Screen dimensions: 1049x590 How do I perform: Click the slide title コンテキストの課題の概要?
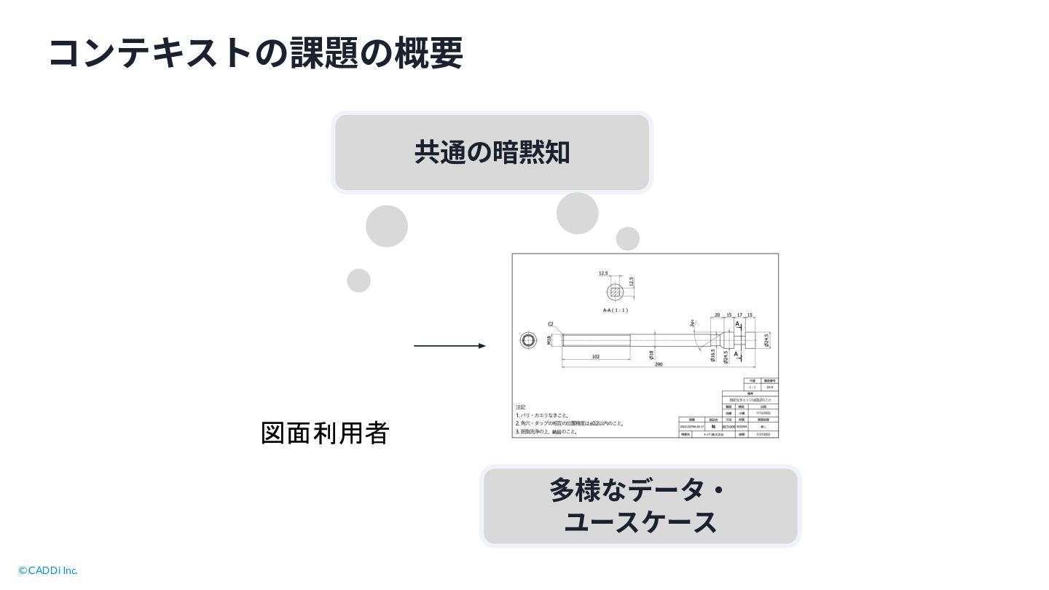coord(255,53)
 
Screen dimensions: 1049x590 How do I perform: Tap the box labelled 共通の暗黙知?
coord(492,153)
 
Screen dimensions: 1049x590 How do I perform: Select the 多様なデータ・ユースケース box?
coord(640,506)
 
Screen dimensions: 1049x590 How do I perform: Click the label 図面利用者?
coord(325,433)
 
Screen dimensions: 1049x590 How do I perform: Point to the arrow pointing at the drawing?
coord(449,346)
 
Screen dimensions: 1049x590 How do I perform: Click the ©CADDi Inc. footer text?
coord(48,570)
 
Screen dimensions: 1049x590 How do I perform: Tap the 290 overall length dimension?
coord(659,364)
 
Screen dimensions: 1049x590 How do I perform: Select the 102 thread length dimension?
coord(595,356)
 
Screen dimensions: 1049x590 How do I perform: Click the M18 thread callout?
coord(549,340)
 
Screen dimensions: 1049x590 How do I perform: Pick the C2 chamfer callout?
coord(551,324)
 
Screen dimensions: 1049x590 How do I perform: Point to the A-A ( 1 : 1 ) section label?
coord(616,310)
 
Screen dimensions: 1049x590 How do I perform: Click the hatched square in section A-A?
coord(616,292)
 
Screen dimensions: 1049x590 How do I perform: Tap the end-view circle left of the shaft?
coord(529,340)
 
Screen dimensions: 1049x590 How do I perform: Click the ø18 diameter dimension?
coord(652,355)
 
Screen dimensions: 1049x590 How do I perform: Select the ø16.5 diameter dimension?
coord(713,355)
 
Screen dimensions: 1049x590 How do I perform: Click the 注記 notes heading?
coord(521,407)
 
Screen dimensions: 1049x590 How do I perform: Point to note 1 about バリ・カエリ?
coord(543,415)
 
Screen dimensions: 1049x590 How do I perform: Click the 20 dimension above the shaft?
coord(718,315)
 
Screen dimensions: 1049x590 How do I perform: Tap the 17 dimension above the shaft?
coord(739,315)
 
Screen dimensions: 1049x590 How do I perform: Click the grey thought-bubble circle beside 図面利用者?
coord(358,280)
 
